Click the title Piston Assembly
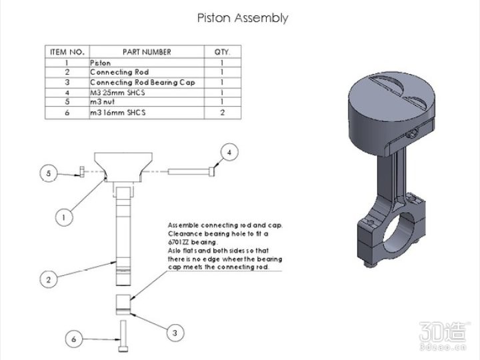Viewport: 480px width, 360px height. pos(243,18)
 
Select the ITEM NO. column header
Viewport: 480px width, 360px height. pos(67,51)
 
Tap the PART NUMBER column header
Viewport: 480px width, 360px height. pos(147,51)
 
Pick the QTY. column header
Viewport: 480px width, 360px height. pos(222,51)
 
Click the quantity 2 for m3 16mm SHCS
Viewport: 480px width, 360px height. pos(222,113)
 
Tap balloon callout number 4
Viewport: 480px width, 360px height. pos(229,153)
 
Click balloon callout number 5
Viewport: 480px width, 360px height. pos(47,173)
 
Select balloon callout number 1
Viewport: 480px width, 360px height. pos(64,217)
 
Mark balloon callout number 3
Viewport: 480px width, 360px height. pos(175,331)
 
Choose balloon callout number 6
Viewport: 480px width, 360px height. pos(74,339)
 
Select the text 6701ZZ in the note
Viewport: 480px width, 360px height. pos(179,243)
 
